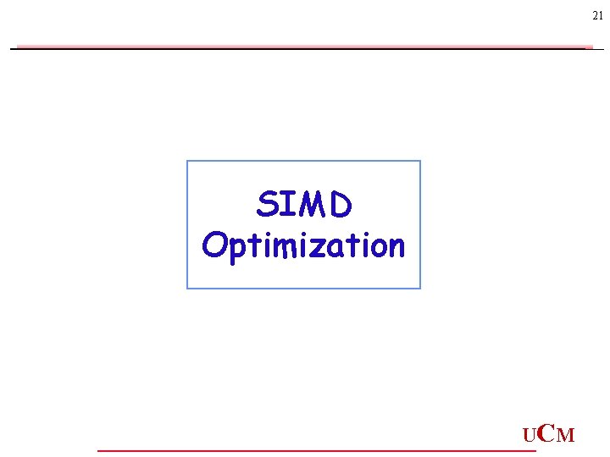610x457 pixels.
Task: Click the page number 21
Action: click(598, 17)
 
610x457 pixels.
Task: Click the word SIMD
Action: click(303, 205)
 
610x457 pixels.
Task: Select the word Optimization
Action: click(303, 246)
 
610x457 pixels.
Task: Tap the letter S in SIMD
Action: click(268, 205)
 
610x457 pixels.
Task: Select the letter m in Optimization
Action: click(280, 247)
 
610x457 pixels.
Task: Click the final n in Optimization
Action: click(396, 247)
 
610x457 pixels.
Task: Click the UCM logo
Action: click(548, 435)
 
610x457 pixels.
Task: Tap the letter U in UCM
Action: click(530, 437)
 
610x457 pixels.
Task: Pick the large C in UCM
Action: click(546, 434)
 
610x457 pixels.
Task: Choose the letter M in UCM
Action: click(566, 437)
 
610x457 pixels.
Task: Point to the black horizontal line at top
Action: click(305, 49)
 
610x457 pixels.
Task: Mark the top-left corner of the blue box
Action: click(187, 161)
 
